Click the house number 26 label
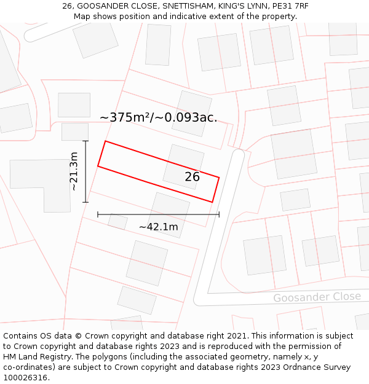[x=192, y=177]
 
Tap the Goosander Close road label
[x=317, y=297]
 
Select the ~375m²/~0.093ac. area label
[x=158, y=117]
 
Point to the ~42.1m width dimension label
[x=158, y=227]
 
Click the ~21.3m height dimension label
[x=74, y=171]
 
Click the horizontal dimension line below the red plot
[x=158, y=214]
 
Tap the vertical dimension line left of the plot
[x=85, y=171]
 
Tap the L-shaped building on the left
[x=41, y=181]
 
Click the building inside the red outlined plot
[x=183, y=166]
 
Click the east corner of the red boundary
[x=219, y=178]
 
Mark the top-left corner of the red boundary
[x=105, y=141]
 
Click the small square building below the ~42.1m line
[x=117, y=222]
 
